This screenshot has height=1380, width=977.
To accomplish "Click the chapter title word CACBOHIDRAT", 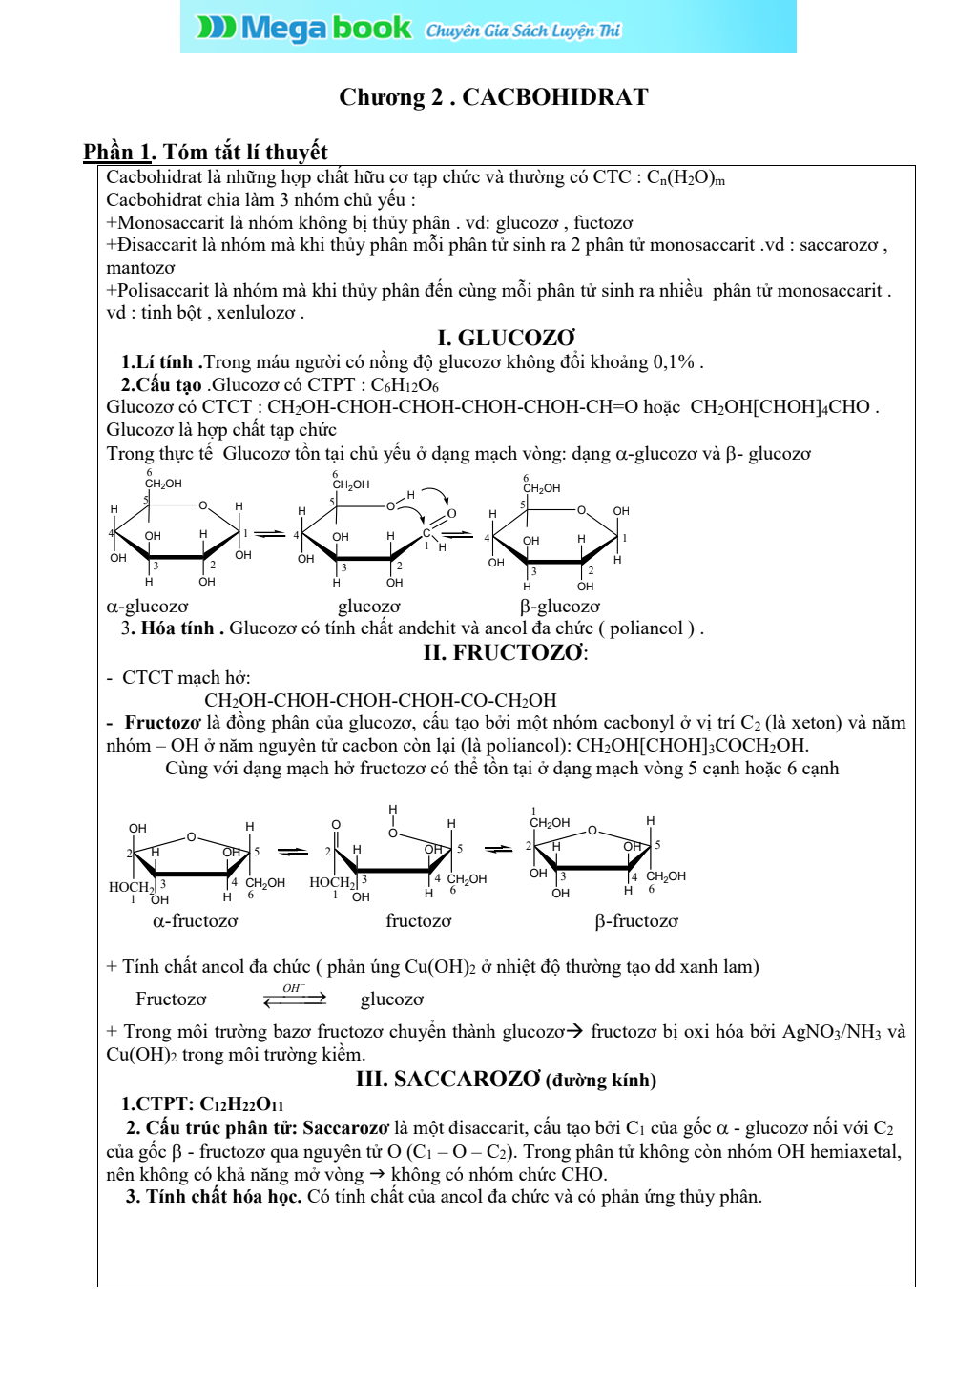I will (554, 97).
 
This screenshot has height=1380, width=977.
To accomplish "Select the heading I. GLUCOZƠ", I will (506, 338).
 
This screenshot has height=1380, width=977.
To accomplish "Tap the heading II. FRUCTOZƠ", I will (505, 653).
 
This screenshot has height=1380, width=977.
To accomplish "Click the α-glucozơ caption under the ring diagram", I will (147, 607).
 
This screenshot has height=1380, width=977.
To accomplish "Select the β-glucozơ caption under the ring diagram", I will (560, 607).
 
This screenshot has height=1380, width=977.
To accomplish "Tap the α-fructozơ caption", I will (195, 921).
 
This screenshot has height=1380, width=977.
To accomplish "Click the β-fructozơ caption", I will (636, 921).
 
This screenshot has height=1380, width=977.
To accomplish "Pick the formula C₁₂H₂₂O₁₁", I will (241, 1104).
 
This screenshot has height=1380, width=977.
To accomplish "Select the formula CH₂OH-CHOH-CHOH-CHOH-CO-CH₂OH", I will (380, 700).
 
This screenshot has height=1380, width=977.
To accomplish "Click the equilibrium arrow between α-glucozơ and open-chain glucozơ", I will (270, 534).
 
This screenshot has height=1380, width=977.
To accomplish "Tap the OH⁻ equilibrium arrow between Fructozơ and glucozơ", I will (295, 998).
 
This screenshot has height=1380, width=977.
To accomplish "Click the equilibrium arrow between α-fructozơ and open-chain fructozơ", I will (293, 851).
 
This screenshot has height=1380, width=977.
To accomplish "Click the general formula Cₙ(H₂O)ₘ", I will (685, 177).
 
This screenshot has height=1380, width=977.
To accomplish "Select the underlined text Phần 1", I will (117, 153).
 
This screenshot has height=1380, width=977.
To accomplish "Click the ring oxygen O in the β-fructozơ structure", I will (592, 831).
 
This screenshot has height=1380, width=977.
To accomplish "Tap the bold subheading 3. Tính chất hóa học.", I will (214, 1197).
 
